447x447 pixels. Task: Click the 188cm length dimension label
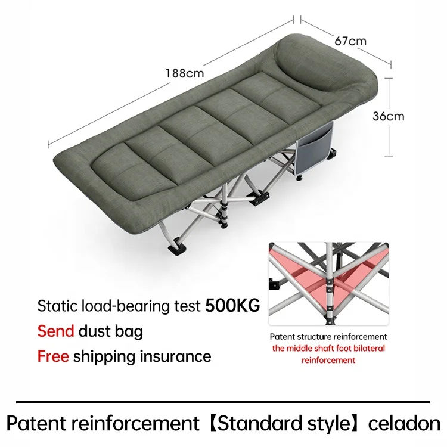tap(185, 73)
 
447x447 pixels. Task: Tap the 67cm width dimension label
tap(350, 41)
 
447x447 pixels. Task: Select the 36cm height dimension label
tap(388, 116)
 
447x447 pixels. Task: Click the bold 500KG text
tap(232, 306)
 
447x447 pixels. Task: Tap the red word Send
tap(55, 331)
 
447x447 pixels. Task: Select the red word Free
tap(53, 356)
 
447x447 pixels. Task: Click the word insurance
tap(175, 356)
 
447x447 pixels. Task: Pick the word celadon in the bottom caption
tap(404, 424)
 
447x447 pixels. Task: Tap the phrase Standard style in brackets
tap(283, 424)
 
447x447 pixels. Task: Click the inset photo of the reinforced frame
tap(328, 283)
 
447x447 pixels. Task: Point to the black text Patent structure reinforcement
tap(328, 337)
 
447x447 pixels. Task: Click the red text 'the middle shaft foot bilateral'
tap(328, 348)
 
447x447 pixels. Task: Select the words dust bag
tap(111, 331)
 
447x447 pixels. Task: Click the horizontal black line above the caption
tap(223, 402)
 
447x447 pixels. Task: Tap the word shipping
tap(104, 357)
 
